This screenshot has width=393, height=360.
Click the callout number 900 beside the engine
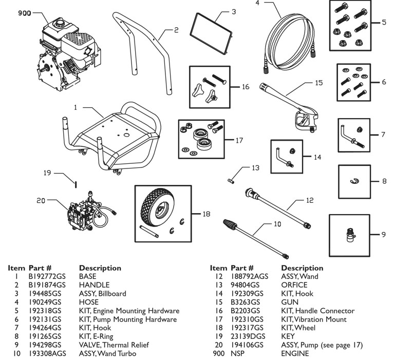pos(24,14)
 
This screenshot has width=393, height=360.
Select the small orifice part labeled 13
pos(231,179)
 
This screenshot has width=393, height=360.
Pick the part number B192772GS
pos(47,276)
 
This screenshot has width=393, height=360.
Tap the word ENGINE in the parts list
pos(295,354)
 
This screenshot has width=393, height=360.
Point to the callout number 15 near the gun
pos(319,82)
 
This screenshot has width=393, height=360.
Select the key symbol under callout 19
pos(76,184)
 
